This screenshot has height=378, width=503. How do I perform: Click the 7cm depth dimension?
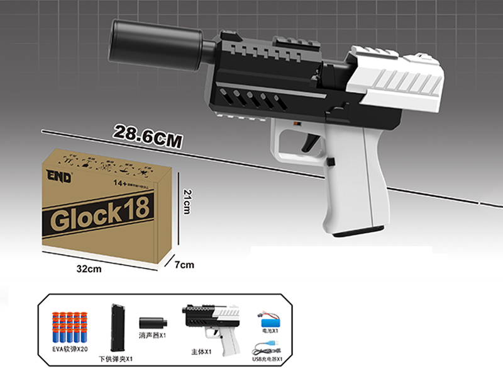(184, 265)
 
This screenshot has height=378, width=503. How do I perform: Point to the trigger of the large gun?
(310, 141)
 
